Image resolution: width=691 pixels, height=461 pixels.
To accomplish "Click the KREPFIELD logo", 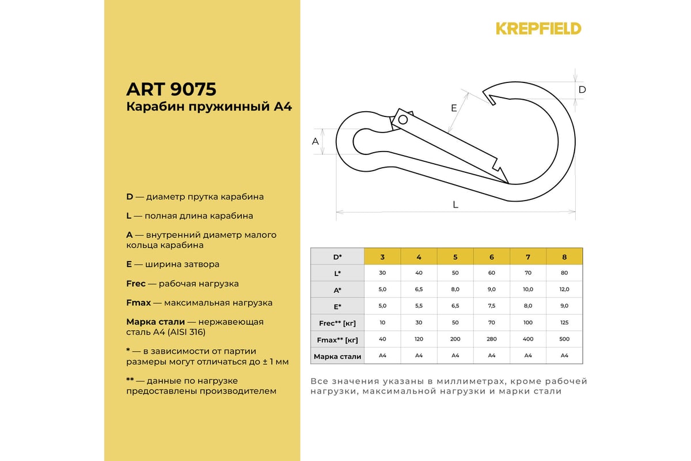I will (x=538, y=28).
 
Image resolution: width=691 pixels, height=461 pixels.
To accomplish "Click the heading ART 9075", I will (x=171, y=89).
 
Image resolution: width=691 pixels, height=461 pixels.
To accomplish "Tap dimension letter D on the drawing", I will (x=582, y=90).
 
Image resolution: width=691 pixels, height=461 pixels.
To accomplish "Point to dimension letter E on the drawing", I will (x=454, y=108).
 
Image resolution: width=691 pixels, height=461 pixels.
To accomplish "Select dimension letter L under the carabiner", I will (x=455, y=205).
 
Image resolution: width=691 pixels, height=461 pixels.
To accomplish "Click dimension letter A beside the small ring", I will (x=316, y=141).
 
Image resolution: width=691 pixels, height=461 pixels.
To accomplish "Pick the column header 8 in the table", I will (x=564, y=256).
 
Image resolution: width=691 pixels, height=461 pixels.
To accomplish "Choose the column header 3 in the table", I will (x=382, y=256).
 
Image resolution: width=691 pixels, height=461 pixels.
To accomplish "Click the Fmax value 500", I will (x=564, y=339).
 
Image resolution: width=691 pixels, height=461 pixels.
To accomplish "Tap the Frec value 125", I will (x=564, y=323).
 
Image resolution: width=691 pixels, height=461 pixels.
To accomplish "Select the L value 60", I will (x=492, y=273).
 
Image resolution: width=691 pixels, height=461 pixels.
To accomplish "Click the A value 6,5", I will (x=419, y=290).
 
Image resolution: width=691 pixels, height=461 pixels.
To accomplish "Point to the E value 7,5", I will (x=492, y=307).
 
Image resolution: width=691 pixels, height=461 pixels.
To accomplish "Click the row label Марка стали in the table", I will (x=337, y=356).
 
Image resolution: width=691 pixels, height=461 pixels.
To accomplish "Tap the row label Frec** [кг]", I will (x=337, y=323).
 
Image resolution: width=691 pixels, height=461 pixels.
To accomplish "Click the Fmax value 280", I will (x=492, y=339).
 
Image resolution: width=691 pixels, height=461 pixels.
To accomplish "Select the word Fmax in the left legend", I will (x=139, y=303).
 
